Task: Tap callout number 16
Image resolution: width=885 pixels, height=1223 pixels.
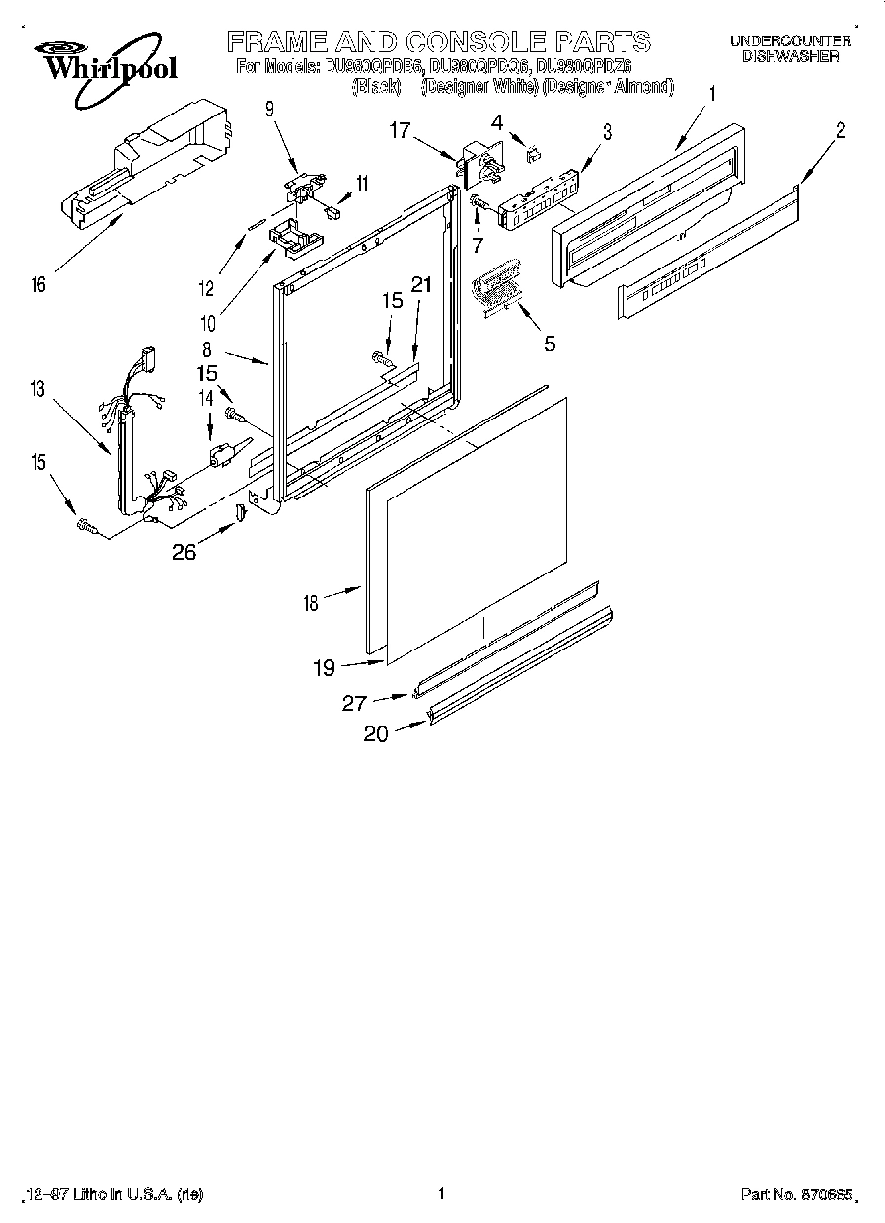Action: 37,286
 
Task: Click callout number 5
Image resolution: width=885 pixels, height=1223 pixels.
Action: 550,344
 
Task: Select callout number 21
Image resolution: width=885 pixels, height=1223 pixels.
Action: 421,284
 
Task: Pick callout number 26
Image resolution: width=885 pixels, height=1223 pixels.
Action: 184,552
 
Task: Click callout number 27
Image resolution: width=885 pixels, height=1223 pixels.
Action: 354,703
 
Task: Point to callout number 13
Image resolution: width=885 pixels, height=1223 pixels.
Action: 37,389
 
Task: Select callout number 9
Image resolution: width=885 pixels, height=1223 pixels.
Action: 269,111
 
